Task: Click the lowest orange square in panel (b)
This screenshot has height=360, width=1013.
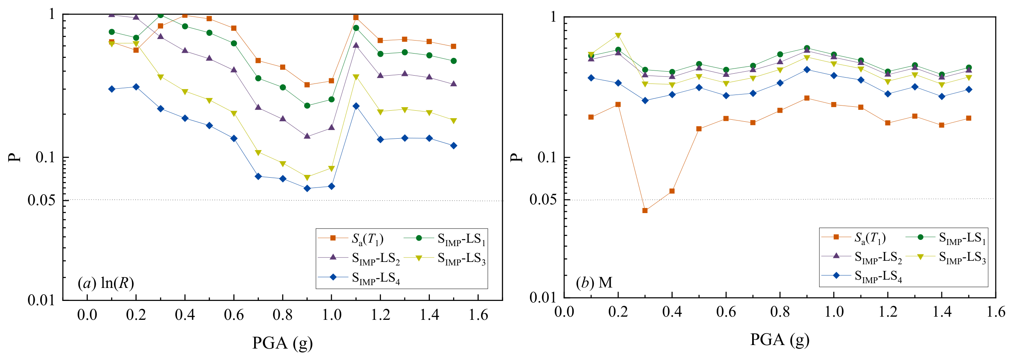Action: point(645,211)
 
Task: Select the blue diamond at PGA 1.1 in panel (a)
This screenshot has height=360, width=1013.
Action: point(356,106)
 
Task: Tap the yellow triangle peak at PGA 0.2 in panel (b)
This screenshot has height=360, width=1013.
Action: point(618,35)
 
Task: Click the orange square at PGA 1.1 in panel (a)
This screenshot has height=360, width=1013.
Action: point(356,17)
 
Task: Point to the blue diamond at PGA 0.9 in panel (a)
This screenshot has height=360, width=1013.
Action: point(307,188)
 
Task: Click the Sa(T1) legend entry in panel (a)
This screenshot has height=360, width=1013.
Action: point(351,238)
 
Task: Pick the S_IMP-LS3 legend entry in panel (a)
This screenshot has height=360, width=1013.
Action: point(445,258)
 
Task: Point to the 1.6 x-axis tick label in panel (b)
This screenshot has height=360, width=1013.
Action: point(996,312)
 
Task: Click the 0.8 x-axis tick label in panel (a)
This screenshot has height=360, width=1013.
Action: point(283,315)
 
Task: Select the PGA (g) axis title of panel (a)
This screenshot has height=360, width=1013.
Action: point(283,343)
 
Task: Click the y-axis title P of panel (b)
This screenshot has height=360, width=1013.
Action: point(516,158)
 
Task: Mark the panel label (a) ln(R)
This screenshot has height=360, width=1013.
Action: point(106,283)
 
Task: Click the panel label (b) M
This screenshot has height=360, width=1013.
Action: point(594,282)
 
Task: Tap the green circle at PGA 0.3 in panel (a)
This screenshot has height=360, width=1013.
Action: point(160,15)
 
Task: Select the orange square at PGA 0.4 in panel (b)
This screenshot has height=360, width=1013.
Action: point(672,191)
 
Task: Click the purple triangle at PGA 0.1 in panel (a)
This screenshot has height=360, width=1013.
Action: point(112,15)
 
